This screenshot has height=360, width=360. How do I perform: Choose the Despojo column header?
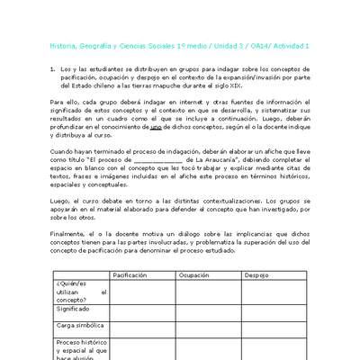256,274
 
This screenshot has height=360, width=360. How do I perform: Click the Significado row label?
76,308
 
